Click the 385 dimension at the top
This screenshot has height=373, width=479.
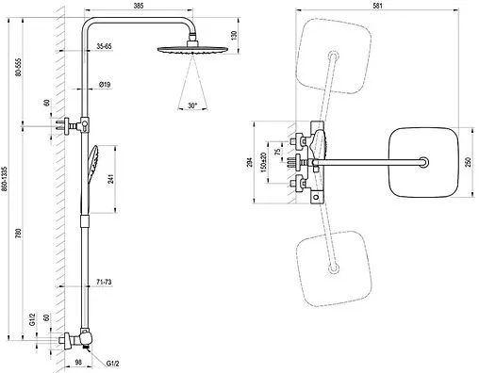(x=139, y=6)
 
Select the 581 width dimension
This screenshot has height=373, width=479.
(x=377, y=6)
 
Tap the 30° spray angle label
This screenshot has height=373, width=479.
(x=192, y=105)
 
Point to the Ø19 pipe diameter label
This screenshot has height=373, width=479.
(x=105, y=85)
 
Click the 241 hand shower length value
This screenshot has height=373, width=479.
(x=111, y=179)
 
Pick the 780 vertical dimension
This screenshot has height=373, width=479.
(x=19, y=234)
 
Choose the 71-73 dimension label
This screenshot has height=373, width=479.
(x=104, y=282)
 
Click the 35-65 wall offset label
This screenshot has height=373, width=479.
(x=104, y=46)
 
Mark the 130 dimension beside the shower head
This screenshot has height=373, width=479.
(x=234, y=36)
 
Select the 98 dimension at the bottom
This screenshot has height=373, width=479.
(x=78, y=362)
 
